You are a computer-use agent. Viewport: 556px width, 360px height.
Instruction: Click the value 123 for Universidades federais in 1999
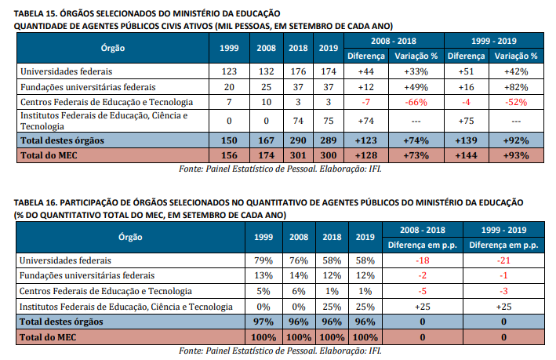(x=228, y=71)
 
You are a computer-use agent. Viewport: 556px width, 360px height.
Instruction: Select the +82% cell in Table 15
(x=516, y=86)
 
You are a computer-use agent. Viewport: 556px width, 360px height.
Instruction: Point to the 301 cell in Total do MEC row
(x=298, y=155)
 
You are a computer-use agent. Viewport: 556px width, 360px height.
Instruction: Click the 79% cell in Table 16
(x=263, y=260)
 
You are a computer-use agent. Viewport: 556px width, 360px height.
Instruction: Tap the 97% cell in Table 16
(x=263, y=322)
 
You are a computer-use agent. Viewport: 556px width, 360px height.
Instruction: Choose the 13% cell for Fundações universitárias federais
(x=263, y=275)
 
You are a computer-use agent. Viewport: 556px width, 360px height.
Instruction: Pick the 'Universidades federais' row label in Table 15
(x=67, y=71)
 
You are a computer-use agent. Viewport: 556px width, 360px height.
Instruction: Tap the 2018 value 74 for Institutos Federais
(x=298, y=121)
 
